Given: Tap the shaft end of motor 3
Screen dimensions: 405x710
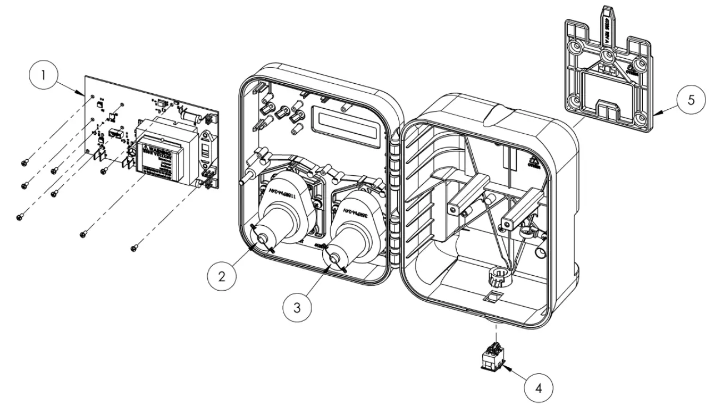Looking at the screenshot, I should pos(336,259).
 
